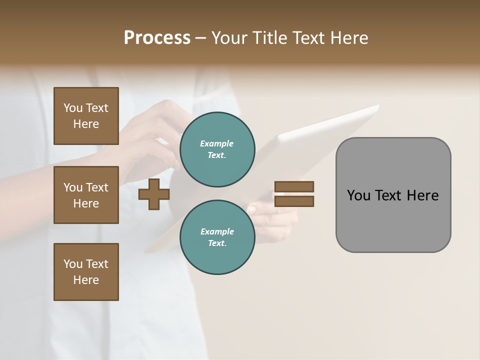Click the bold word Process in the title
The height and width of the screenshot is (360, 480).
pos(157,38)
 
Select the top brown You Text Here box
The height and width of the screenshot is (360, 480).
pos(86,116)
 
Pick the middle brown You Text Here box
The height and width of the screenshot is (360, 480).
pos(86,195)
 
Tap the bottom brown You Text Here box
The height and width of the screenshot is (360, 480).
pos(86,272)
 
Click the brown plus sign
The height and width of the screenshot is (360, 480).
pos(154,194)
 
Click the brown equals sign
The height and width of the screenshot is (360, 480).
pos(294,194)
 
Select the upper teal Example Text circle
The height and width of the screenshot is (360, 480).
pos(217,149)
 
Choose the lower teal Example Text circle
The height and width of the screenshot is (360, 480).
pos(217,237)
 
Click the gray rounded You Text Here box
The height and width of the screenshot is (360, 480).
pos(393,195)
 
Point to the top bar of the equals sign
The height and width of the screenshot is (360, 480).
pos(294,186)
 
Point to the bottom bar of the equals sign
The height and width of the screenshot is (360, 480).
pos(294,201)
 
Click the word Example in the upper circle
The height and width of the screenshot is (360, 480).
pos(216,143)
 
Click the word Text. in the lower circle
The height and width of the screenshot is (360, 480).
pos(217,243)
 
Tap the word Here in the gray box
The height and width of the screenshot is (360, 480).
pos(422,195)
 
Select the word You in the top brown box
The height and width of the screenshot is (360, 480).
pos(72,108)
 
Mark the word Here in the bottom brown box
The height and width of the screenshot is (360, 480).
pos(86,280)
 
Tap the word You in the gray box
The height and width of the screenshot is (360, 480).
pos(358,195)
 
